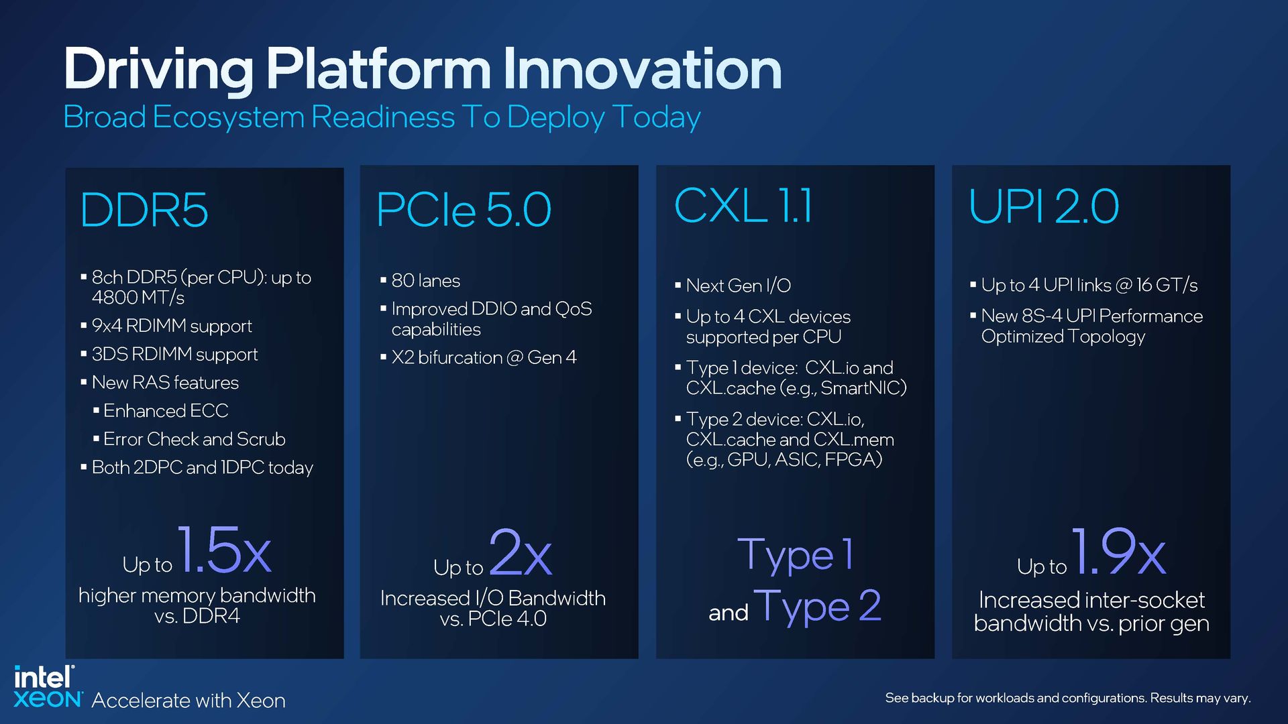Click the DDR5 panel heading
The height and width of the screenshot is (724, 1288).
point(144,210)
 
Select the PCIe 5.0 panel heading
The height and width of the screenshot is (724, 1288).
point(464,210)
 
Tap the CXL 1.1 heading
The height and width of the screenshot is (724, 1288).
point(743,205)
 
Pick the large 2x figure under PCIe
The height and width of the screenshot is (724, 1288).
point(521,553)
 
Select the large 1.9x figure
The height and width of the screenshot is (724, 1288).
point(1118,552)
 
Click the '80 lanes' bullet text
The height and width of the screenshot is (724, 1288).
point(425,280)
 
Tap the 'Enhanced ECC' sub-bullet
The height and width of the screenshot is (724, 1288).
point(166,410)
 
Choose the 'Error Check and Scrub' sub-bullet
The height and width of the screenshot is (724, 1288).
point(194,439)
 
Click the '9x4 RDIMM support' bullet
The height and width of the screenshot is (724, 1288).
point(172,326)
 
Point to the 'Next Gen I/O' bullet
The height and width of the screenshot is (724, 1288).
point(738,286)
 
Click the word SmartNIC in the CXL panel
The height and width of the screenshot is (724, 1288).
point(861,388)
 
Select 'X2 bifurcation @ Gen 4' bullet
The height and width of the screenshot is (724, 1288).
point(484,357)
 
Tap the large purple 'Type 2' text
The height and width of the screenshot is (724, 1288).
point(817,607)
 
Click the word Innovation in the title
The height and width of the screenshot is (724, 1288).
point(642,68)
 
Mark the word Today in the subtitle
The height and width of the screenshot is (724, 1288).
point(656,117)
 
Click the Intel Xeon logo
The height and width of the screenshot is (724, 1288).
point(46,687)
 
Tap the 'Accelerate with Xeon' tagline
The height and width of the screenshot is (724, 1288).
point(189,701)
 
